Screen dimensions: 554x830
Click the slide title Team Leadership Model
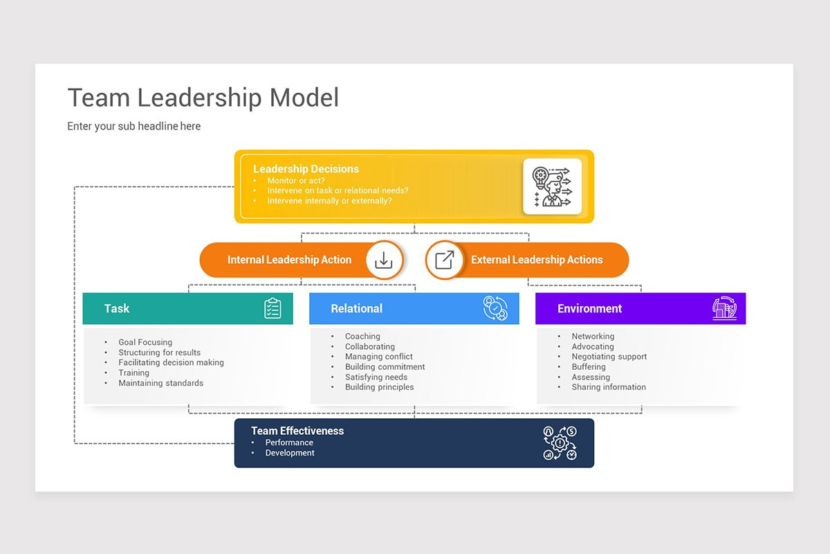click(x=203, y=98)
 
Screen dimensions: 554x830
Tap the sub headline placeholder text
click(x=133, y=126)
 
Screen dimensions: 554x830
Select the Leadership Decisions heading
click(x=306, y=169)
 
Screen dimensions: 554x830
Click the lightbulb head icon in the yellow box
click(x=552, y=186)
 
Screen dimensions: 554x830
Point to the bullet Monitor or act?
click(x=295, y=181)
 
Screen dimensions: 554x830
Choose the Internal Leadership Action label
click(x=289, y=260)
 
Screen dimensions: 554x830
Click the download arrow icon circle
click(x=384, y=260)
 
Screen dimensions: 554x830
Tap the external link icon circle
click(x=444, y=260)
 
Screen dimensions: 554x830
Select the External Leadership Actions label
click(x=537, y=260)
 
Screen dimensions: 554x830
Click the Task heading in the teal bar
click(x=117, y=309)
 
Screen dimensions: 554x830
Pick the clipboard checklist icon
click(x=273, y=309)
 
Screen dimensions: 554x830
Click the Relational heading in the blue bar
click(x=356, y=309)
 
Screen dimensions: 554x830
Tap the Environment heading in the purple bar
click(x=589, y=309)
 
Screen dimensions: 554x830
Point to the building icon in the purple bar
click(x=724, y=309)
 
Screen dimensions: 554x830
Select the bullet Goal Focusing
click(x=145, y=342)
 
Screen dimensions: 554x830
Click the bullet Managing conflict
click(x=378, y=357)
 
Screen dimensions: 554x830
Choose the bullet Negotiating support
click(x=609, y=357)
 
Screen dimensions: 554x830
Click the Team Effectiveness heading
click(x=297, y=431)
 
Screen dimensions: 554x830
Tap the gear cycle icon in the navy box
click(x=560, y=443)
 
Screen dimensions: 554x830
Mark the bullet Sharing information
click(x=608, y=387)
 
